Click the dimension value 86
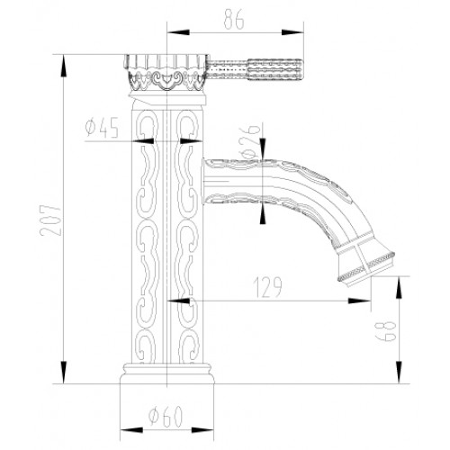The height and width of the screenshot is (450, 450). click(x=234, y=20)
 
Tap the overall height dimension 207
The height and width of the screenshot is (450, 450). click(x=50, y=220)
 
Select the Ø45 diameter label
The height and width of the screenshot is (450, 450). click(x=102, y=128)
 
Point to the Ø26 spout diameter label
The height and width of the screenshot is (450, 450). click(x=249, y=141)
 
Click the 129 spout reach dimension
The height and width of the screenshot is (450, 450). click(x=268, y=287)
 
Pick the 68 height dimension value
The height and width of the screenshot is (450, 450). click(x=385, y=331)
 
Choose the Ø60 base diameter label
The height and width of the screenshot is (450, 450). click(x=166, y=417)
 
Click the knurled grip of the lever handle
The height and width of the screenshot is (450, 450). click(x=274, y=69)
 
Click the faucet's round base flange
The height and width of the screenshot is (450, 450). click(x=167, y=373)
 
